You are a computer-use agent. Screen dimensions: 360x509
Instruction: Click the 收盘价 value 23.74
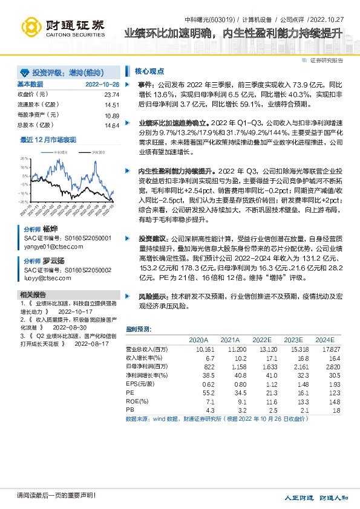(x=111, y=95)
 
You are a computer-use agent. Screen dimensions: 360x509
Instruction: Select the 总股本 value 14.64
(x=111, y=125)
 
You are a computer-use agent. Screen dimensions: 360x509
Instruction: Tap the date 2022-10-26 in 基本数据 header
(x=102, y=84)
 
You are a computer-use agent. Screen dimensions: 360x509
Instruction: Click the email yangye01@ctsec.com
(x=50, y=247)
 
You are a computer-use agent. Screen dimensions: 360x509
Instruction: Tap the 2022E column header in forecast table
(x=262, y=340)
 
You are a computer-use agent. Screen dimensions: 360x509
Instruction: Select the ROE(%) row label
(x=137, y=401)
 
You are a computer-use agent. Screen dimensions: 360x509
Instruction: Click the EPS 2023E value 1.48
(x=293, y=383)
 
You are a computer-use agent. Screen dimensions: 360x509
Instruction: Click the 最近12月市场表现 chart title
(x=48, y=140)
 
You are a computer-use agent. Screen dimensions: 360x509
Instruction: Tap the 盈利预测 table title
(x=139, y=329)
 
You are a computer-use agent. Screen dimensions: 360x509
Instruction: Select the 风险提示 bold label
(x=154, y=297)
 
